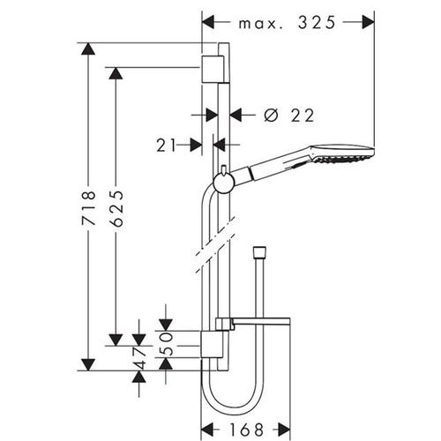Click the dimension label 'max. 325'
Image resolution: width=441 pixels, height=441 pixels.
coord(287,23)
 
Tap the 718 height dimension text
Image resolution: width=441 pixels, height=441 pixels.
coord(88,208)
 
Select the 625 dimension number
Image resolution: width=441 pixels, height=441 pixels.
coord(116,209)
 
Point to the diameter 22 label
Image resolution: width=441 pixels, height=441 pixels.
coord(289,116)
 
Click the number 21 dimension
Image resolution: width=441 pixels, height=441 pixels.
coord(166,146)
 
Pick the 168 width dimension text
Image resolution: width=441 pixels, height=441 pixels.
coord(246,430)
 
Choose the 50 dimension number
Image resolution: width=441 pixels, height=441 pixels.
coord(166,344)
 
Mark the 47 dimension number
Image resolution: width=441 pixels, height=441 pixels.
coord(139,358)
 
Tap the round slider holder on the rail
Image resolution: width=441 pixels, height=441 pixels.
coord(223,183)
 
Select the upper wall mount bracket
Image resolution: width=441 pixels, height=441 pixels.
coord(213,69)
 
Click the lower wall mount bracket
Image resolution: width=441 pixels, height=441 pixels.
coord(212,344)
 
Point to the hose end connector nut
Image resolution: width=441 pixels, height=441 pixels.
coord(259,251)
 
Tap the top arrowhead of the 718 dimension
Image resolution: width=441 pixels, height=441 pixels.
coord(88,49)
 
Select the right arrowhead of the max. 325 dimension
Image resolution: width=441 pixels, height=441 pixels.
coord(368,22)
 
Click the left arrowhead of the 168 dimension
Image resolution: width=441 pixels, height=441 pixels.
coord(207,430)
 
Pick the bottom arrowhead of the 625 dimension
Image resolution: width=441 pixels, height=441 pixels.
coord(116,340)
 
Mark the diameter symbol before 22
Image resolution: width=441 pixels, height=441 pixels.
coord(271,116)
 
